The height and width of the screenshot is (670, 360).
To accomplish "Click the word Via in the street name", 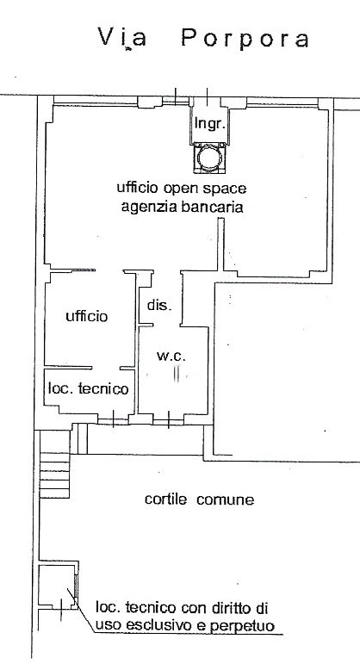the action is [x=122, y=37].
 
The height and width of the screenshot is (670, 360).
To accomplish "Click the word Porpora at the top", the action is [x=245, y=39].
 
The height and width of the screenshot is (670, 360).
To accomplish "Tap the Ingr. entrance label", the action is [x=209, y=123].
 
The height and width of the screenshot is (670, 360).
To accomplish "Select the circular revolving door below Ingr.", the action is [x=209, y=158].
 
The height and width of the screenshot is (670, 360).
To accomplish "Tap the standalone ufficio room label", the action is [x=87, y=316].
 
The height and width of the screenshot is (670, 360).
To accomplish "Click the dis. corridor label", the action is [x=159, y=306].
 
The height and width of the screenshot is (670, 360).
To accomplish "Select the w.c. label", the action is [x=171, y=356].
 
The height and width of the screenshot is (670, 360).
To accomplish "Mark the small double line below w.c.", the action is [x=177, y=373].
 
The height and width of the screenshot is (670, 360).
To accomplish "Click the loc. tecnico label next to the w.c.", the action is [x=88, y=389].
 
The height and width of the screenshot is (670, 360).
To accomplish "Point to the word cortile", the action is [x=165, y=499].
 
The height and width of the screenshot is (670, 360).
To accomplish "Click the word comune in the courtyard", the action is [x=226, y=499].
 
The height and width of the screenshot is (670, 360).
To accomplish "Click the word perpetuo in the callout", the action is [x=242, y=626].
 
